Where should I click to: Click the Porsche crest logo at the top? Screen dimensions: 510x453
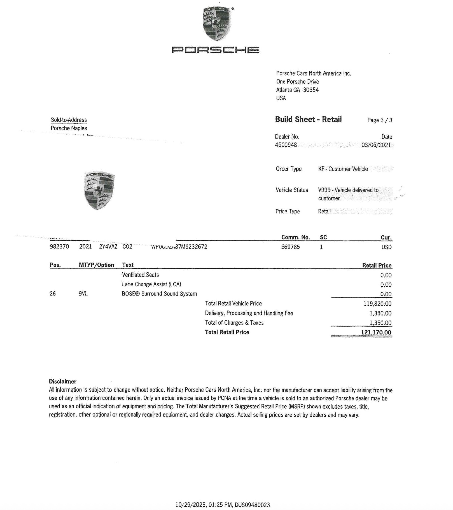pos(217,24)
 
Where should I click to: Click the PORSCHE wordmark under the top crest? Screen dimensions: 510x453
pos(215,50)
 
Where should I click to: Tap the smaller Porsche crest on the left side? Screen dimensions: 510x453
pos(99,191)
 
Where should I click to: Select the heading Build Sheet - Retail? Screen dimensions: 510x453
pos(308,120)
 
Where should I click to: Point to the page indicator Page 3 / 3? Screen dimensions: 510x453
pos(380,120)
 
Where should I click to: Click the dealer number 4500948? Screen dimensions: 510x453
pos(286,145)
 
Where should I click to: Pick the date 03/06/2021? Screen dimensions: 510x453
pos(376,145)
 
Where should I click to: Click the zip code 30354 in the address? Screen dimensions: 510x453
pos(311,90)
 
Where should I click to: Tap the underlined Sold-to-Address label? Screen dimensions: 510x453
pos(69,120)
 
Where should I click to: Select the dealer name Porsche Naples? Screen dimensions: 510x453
pos(69,128)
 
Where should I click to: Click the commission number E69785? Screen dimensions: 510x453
pos(290,247)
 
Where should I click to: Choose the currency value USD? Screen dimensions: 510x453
pos(386,247)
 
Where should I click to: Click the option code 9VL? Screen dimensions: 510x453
pos(83,294)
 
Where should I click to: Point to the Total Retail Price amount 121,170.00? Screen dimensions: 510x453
pos(376,333)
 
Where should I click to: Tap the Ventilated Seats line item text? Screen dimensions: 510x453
pos(140,275)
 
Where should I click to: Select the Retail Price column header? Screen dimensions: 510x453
pos(377,265)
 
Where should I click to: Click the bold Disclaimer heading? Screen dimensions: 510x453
pos(63,381)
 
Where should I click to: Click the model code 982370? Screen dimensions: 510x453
pos(59,247)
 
